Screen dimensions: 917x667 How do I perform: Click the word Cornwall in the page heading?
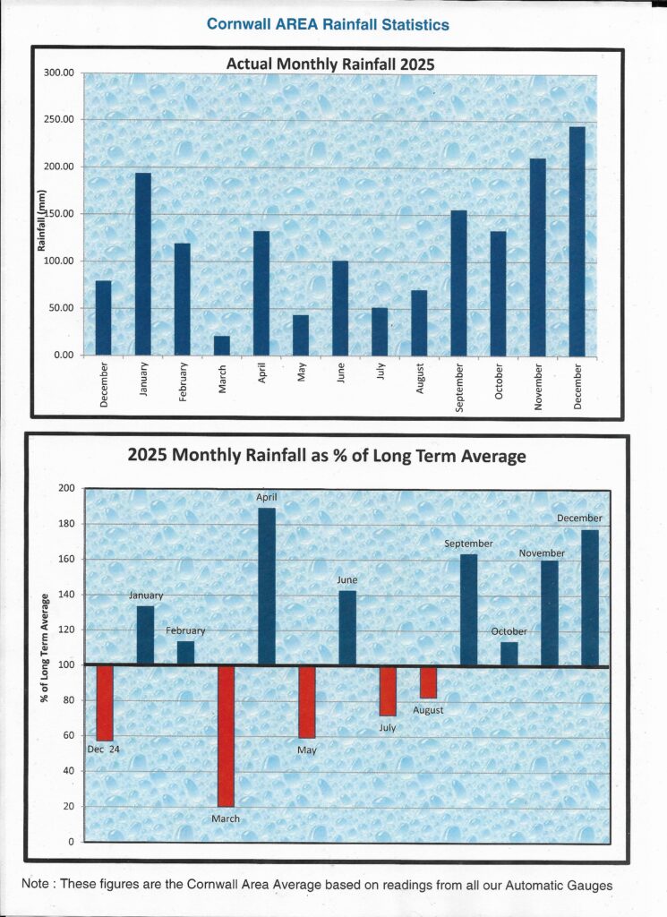coord(235,24)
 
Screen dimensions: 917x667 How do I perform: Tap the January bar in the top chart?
coord(143,264)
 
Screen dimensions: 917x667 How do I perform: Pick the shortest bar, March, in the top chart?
coord(222,346)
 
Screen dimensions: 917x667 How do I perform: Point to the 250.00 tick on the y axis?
coord(59,120)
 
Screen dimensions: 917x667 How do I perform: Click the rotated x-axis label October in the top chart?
coord(499,382)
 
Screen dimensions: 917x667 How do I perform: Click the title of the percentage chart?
coord(327,456)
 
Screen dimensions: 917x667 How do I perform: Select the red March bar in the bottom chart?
coord(226,735)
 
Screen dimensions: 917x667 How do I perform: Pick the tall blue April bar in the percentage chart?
coord(266,587)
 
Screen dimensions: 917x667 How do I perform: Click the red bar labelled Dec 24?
coord(105,703)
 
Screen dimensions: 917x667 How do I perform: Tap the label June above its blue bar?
coord(347,580)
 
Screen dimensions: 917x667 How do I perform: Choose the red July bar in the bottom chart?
coord(388,690)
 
